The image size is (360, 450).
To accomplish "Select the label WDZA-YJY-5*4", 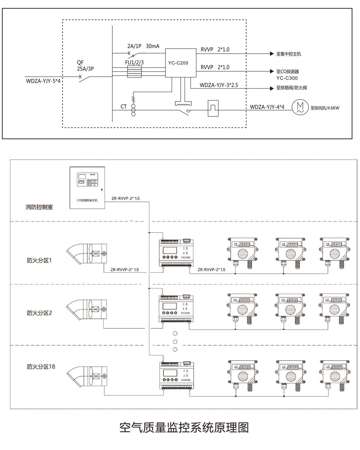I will tap(43, 81).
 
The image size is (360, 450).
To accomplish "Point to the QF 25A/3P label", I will tap(85, 65).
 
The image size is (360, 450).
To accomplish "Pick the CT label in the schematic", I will tap(124, 107).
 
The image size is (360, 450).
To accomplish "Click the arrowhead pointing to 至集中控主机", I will tap(271, 54).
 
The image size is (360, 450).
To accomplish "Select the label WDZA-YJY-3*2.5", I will tap(219, 85).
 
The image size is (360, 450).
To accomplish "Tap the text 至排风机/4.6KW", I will tap(325, 108).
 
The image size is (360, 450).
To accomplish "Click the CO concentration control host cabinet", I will tap(87, 187).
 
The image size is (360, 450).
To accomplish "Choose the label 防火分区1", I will tap(39, 260).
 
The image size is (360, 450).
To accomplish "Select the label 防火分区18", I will tap(41, 366).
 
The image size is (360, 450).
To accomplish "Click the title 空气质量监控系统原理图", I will tap(184, 427).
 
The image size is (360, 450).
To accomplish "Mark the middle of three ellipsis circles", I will tap(175, 342).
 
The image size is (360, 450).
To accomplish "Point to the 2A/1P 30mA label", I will tap(143, 47).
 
